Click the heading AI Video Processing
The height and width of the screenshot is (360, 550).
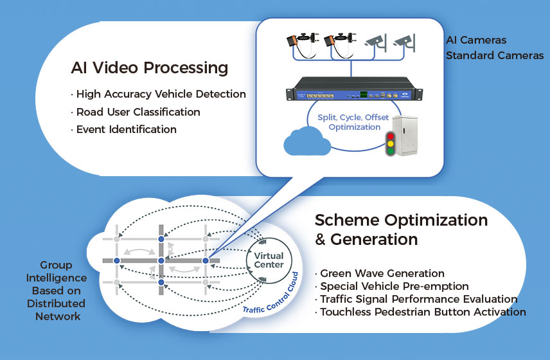(149, 67)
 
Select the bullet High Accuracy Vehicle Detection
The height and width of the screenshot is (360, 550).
(160, 94)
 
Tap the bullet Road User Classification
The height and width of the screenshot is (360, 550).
(137, 112)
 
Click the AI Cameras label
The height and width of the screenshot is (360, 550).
(476, 40)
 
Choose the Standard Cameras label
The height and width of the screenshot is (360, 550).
(495, 55)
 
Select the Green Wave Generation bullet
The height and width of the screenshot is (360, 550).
(382, 273)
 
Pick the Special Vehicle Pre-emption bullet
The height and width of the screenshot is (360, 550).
(394, 286)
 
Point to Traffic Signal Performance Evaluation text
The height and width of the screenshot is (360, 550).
(418, 299)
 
